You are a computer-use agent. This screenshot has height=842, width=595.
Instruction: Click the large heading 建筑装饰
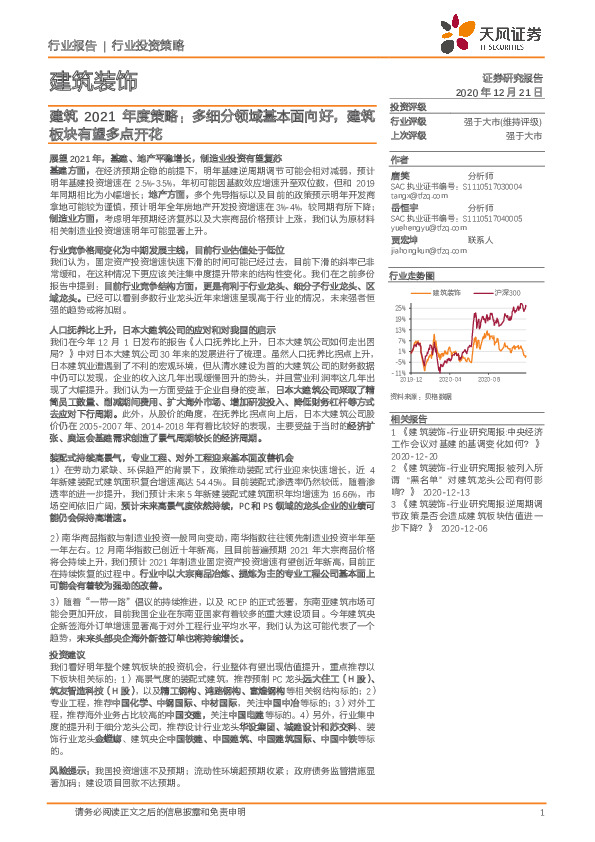pos(93,81)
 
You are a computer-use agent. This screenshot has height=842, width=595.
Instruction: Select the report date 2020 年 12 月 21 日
pos(499,91)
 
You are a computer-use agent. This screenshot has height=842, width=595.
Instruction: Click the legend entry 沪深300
pos(503,291)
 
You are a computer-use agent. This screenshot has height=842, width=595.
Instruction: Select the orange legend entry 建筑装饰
pos(447,291)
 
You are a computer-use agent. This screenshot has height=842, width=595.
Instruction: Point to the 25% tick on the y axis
pos(398,307)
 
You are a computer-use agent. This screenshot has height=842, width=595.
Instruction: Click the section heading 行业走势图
pos(412,274)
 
